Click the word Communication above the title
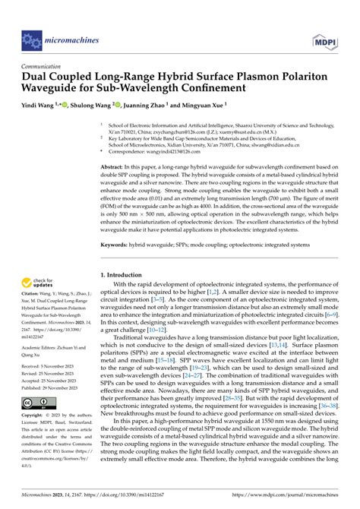[43, 66]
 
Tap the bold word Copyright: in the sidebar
[35, 417]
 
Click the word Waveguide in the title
[52, 89]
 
